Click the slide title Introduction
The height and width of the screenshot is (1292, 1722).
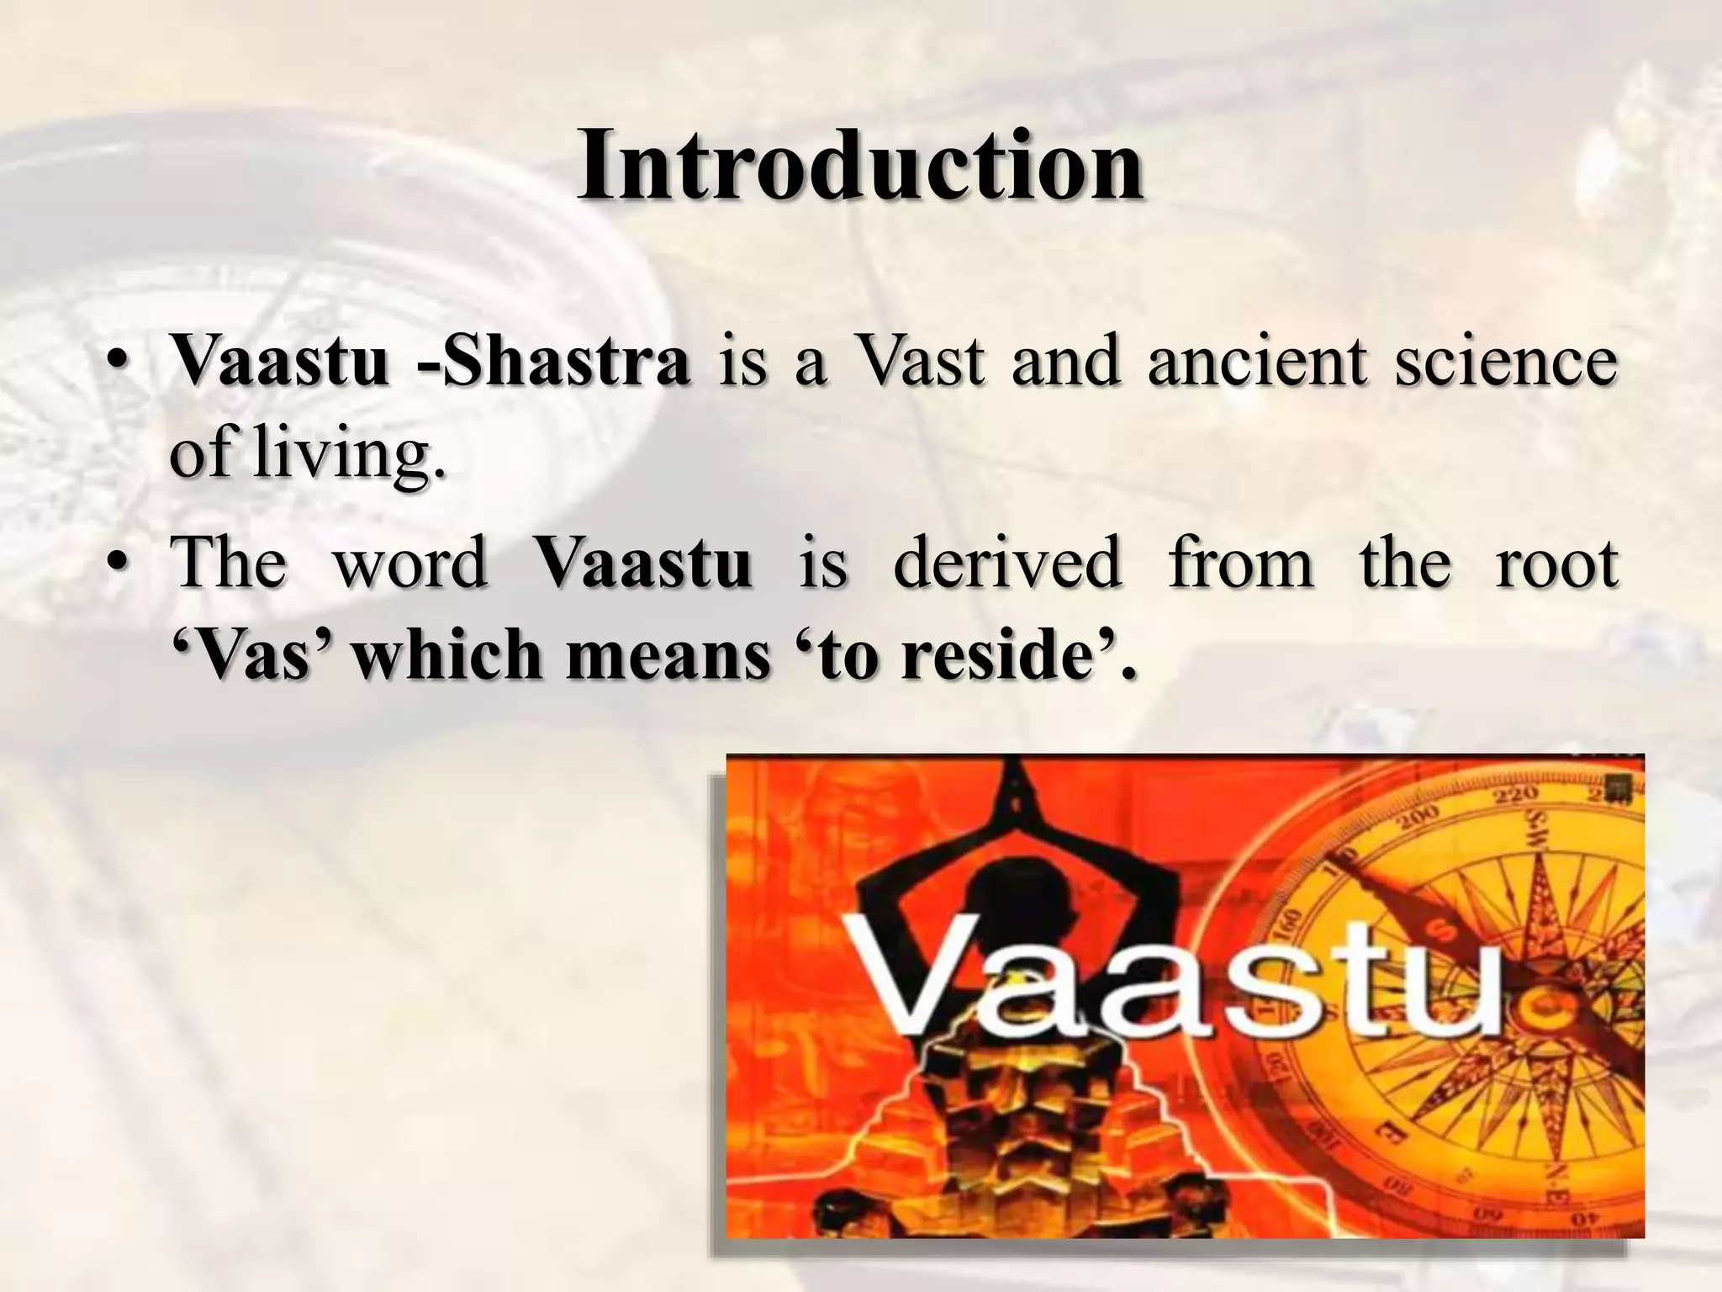[x=859, y=165]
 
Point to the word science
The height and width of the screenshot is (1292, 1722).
[x=1505, y=362]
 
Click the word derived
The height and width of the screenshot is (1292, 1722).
[x=1006, y=562]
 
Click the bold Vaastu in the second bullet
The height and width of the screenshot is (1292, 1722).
[x=643, y=562]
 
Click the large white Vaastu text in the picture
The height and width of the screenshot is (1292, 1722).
[x=1177, y=980]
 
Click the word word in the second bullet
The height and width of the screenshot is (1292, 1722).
[x=410, y=562]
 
